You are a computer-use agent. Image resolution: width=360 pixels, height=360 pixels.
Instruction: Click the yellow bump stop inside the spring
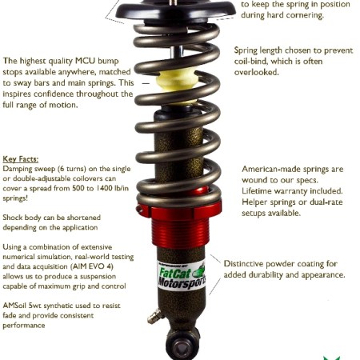coord(178,84)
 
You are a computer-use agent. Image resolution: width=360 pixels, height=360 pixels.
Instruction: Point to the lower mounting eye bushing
coord(182,346)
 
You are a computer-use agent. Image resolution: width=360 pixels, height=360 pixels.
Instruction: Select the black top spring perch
coord(175,10)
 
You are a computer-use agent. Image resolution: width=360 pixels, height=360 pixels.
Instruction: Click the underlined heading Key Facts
coord(21,159)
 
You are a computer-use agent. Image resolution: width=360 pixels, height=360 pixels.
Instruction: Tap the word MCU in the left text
coord(85,61)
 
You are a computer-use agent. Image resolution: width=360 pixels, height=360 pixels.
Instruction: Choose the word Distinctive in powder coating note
coord(244,264)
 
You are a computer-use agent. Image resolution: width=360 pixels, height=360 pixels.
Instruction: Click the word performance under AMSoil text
coord(24,326)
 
